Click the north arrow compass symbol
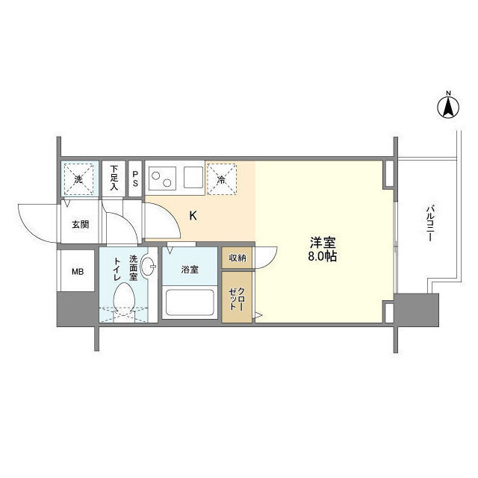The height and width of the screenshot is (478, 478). pos(448,107)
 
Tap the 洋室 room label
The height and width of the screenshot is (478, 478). pos(323,243)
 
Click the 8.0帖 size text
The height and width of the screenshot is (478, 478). pos(322,257)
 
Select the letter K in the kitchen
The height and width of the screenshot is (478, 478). pos(193,216)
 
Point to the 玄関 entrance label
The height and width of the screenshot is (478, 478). pos(81,225)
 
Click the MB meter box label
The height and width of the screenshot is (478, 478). pos(78,271)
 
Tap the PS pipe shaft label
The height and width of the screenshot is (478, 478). pos(135,179)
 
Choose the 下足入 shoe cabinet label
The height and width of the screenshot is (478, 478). pos(114,178)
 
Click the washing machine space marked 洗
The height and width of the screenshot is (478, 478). pos(78,179)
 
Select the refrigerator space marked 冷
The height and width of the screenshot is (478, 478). pos(222,179)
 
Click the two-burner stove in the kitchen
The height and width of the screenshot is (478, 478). pos(162,179)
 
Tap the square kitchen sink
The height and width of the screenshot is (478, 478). pos(193,178)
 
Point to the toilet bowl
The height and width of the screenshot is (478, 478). pos(124,297)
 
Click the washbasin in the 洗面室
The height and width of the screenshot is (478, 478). pos(148,266)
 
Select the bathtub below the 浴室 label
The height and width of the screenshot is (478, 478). pos(190,302)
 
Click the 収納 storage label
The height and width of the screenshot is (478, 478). pos(238,258)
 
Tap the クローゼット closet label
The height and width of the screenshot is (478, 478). pos(237,299)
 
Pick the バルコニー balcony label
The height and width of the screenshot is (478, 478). pos(430,223)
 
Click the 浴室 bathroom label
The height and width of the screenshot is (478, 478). pos(190,270)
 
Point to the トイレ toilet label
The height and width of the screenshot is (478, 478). pos(118,269)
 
